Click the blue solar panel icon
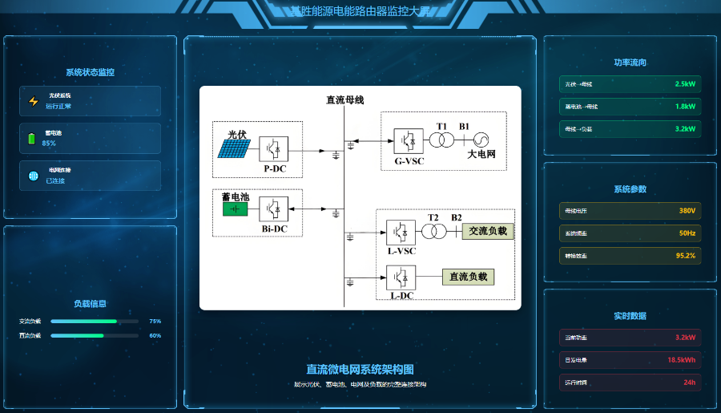coord(233,148)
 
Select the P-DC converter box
coord(273,149)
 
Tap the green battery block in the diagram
coord(235,209)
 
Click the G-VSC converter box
coord(407,140)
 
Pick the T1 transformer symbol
coord(441,140)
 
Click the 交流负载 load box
coord(489,231)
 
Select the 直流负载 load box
coord(469,277)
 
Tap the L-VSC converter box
coord(401,232)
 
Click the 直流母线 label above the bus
coord(344,100)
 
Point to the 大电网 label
coord(481,154)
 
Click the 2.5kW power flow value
coord(685,84)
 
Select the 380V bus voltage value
coord(687,211)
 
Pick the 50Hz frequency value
coord(687,233)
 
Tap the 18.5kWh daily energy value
coord(682,360)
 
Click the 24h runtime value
coord(689,383)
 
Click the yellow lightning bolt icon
coord(33,102)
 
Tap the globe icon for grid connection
coord(33,176)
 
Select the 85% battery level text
coord(49,144)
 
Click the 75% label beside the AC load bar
coord(155,321)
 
